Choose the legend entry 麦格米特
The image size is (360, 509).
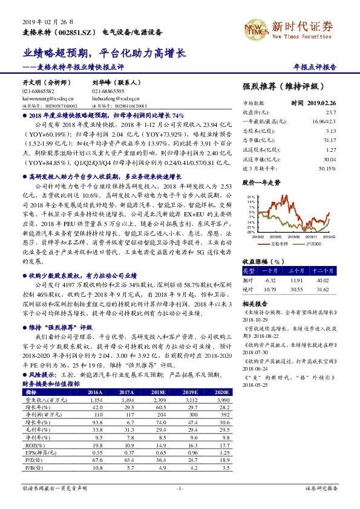(278, 243)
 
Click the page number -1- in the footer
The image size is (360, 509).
(179, 487)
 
